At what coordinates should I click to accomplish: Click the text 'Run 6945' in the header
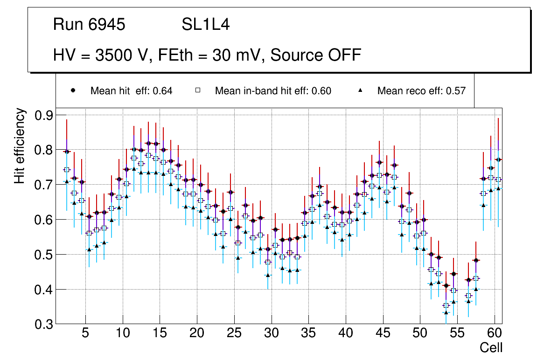pos(89,25)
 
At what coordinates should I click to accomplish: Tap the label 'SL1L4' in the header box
pos(205,25)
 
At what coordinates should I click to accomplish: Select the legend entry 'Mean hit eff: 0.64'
pos(131,91)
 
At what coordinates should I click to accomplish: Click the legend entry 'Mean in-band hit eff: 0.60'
pos(273,91)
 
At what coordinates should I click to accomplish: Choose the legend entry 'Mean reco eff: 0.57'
pos(421,91)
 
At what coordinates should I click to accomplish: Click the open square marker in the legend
pos(198,90)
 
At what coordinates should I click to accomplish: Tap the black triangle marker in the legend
pos(360,90)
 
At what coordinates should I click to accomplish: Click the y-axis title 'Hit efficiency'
pos(20,145)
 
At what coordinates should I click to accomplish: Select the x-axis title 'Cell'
pos(491,347)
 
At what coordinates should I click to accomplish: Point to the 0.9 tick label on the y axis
pos(45,115)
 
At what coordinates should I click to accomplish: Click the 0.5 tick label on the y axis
pos(45,255)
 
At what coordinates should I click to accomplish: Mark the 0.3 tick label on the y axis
pos(45,324)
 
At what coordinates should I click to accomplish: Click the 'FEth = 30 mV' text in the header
pos(210,55)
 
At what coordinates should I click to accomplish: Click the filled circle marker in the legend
pos(73,90)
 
